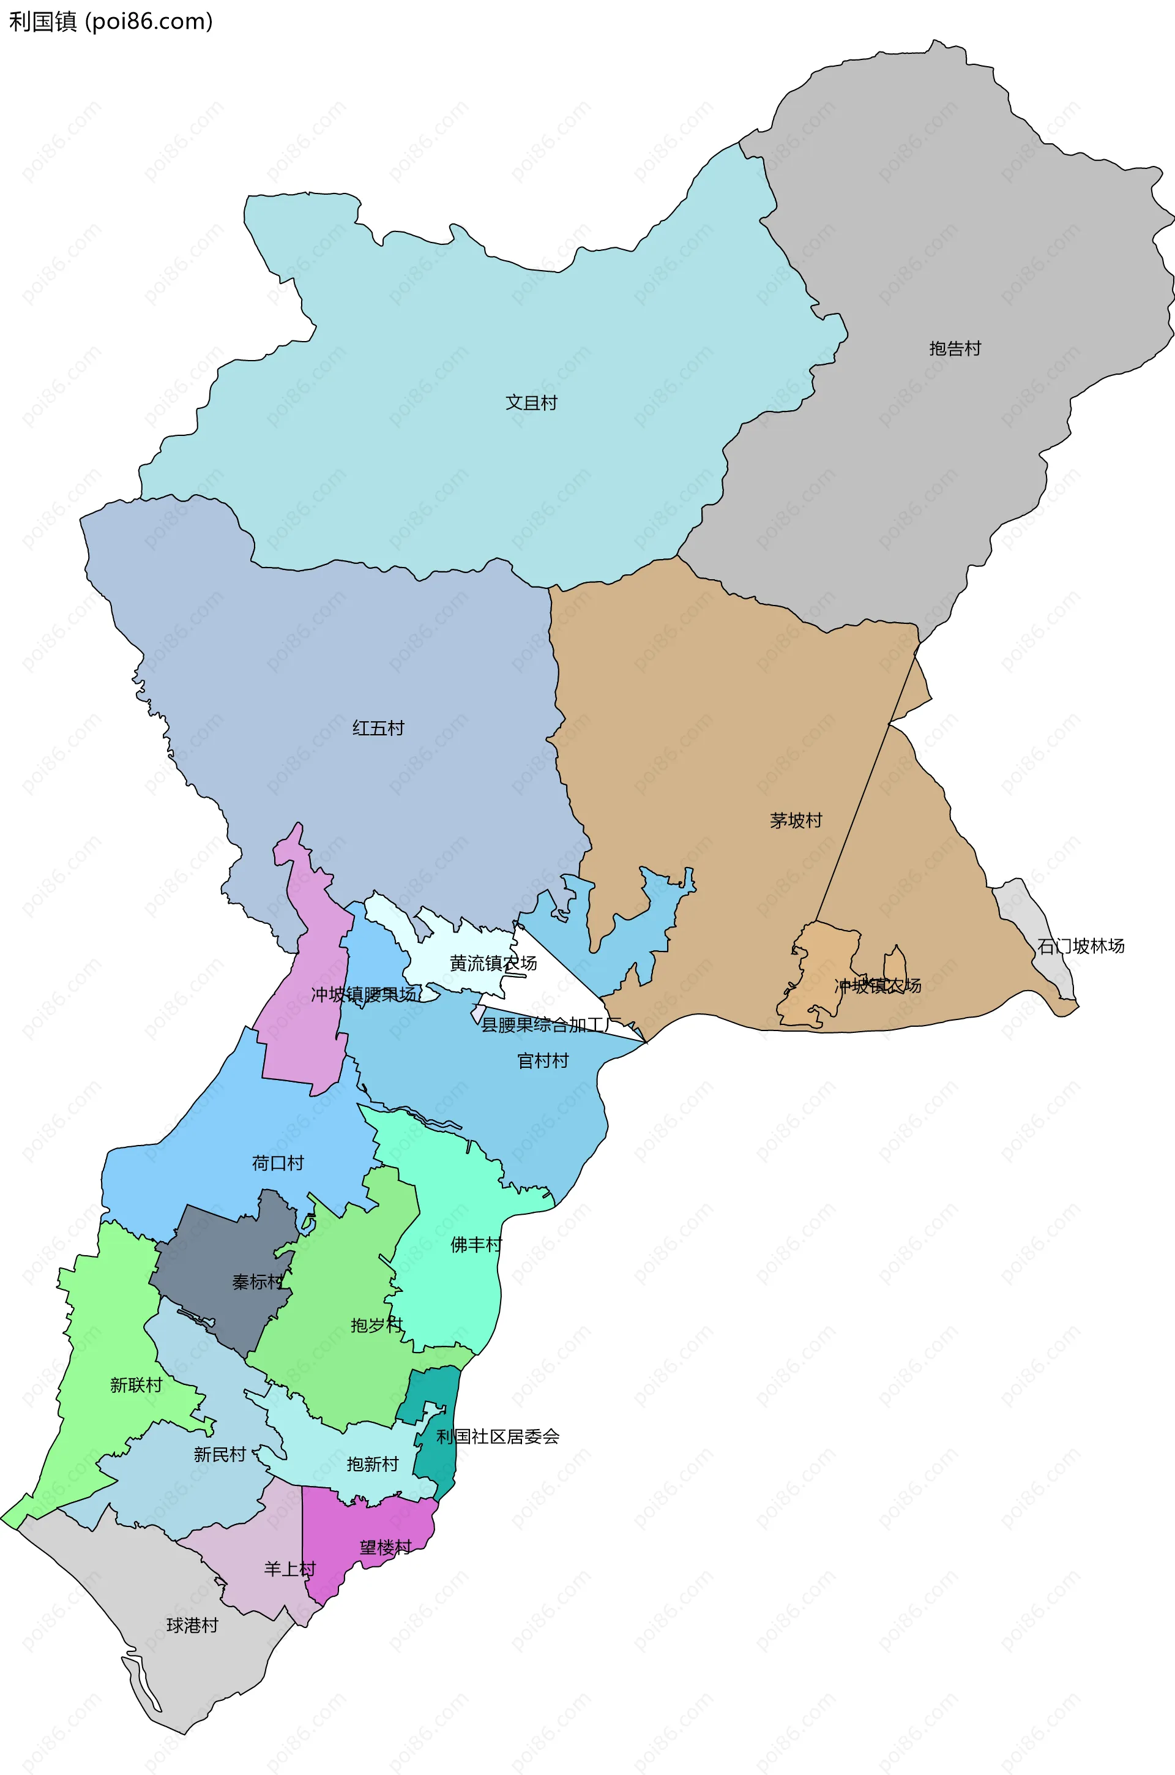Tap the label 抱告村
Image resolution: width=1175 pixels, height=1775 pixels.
pyautogui.click(x=955, y=348)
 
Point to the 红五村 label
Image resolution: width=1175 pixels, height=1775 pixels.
pyautogui.click(x=378, y=728)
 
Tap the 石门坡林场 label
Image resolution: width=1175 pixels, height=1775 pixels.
pyautogui.click(x=1081, y=946)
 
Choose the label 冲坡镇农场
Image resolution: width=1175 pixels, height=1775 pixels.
pyautogui.click(x=878, y=986)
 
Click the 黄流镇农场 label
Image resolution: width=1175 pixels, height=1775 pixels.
pyautogui.click(x=493, y=963)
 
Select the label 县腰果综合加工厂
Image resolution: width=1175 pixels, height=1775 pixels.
pyautogui.click(x=551, y=1025)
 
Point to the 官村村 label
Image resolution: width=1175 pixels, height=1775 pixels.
pyautogui.click(x=543, y=1060)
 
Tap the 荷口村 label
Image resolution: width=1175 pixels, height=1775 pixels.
pyautogui.click(x=278, y=1163)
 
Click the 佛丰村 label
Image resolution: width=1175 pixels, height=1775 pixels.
pyautogui.click(x=476, y=1244)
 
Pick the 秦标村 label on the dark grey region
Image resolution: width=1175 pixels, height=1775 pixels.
pyautogui.click(x=257, y=1282)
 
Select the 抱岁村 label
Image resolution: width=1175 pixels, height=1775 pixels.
pyautogui.click(x=376, y=1325)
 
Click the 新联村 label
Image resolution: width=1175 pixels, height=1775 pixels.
pyautogui.click(x=136, y=1385)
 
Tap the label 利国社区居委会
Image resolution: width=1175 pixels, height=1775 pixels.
pyautogui.click(x=498, y=1436)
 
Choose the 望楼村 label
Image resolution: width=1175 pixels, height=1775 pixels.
pyautogui.click(x=385, y=1547)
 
